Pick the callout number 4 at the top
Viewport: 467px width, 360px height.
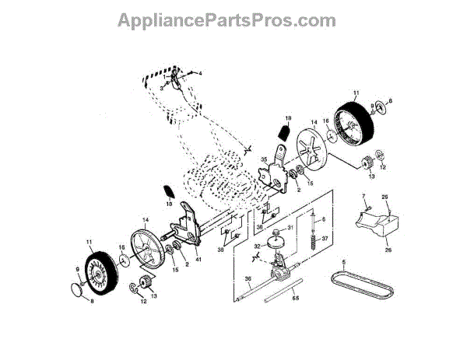click(x=199, y=73)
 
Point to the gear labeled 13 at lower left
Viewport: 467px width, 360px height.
click(x=145, y=281)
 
